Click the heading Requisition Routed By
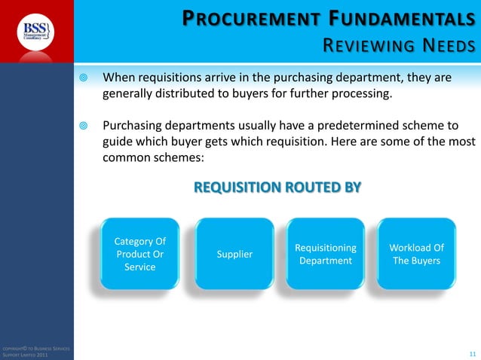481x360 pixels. point(277,187)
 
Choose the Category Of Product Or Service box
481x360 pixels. point(140,255)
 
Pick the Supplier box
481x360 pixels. point(234,255)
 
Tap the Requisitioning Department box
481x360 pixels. point(326,255)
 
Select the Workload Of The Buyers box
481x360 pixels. point(416,255)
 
